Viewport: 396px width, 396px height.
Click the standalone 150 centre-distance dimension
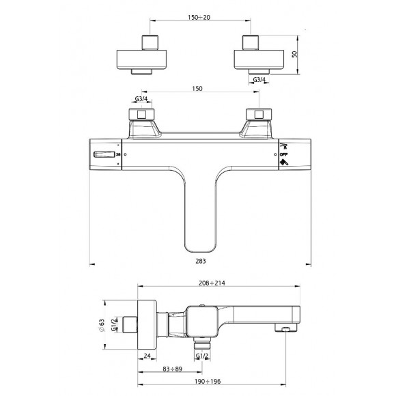click(197, 89)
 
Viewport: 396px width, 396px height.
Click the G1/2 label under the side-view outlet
click(202, 355)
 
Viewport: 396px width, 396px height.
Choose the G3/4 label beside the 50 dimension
click(259, 81)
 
